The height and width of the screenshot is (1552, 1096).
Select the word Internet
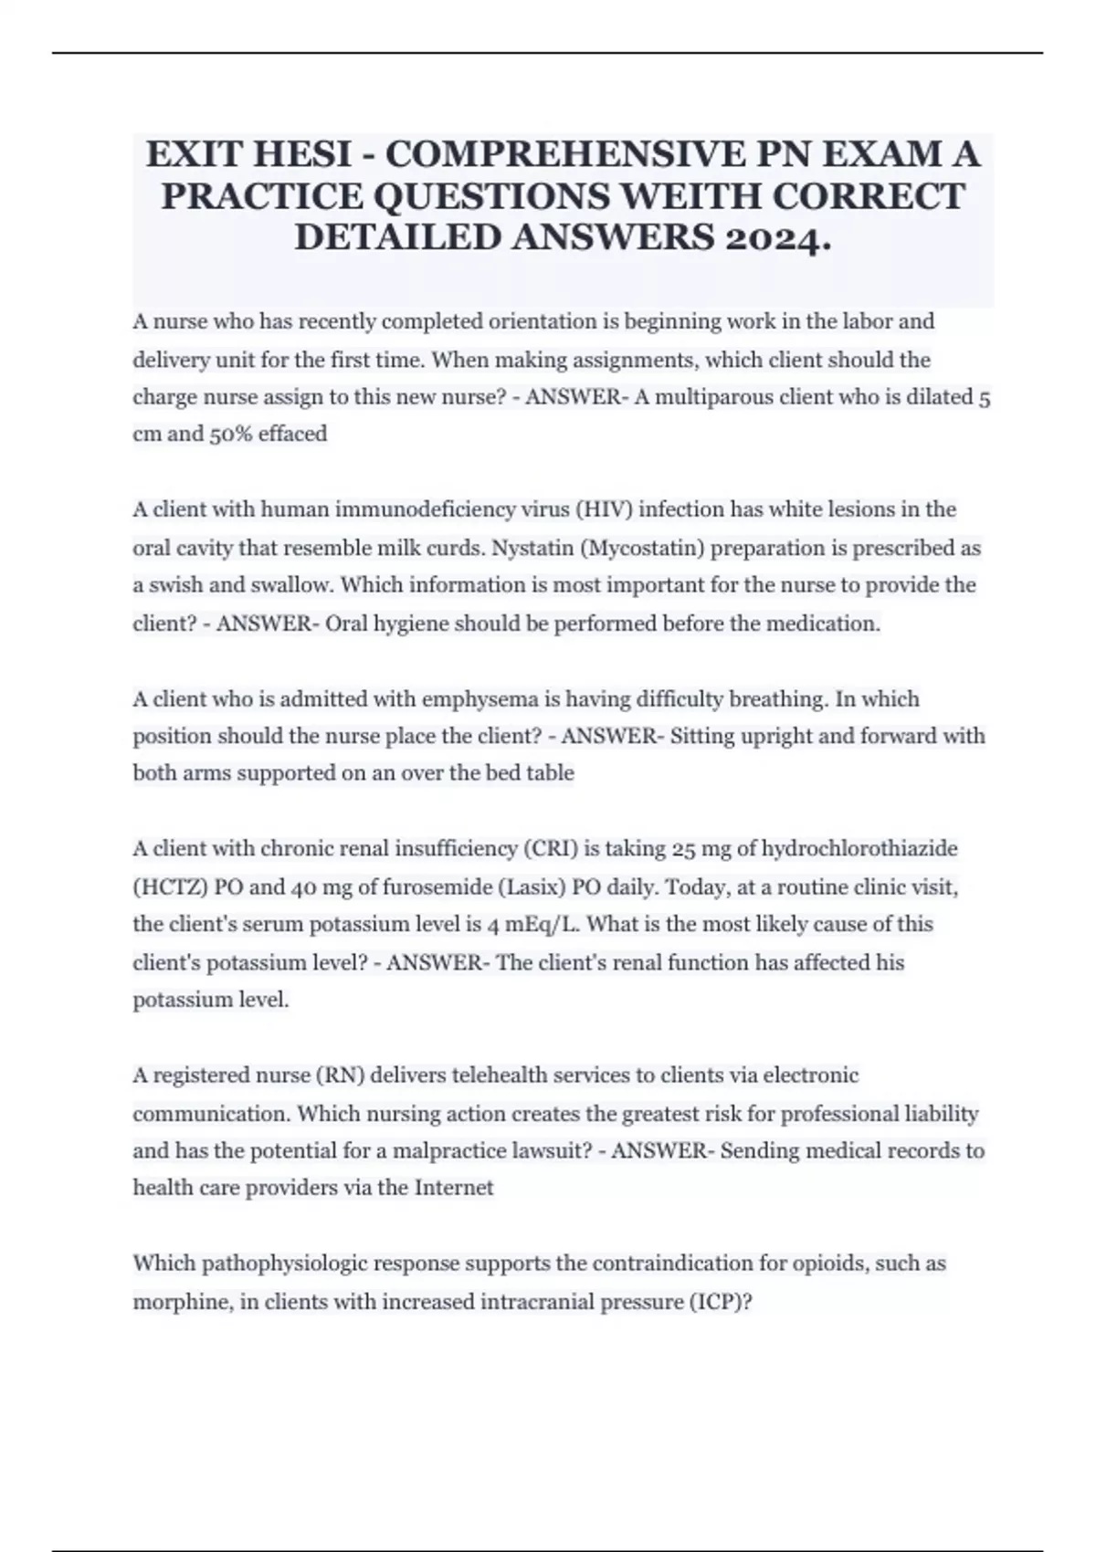(454, 1188)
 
